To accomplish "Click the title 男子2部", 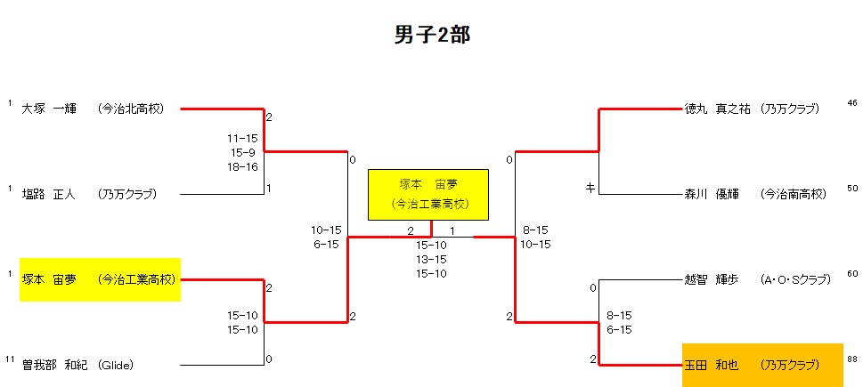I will pyautogui.click(x=431, y=35).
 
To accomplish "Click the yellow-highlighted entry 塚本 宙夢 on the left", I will pyautogui.click(x=100, y=279).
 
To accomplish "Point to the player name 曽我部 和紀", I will pyautogui.click(x=51, y=365).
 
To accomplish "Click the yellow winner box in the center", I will pyautogui.click(x=428, y=194).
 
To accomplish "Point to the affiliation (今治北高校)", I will pyautogui.click(x=132, y=109).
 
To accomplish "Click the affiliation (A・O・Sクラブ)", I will pyautogui.click(x=795, y=279).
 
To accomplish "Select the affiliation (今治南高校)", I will pyautogui.click(x=794, y=194).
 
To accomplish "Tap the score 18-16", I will pyautogui.click(x=242, y=166).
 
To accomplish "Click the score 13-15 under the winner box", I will pyautogui.click(x=431, y=259).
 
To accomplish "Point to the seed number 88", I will pyautogui.click(x=852, y=359).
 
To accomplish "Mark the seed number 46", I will pyautogui.click(x=852, y=102).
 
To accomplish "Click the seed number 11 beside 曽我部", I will pyautogui.click(x=9, y=359).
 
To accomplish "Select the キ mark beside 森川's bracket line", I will pyautogui.click(x=590, y=189).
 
